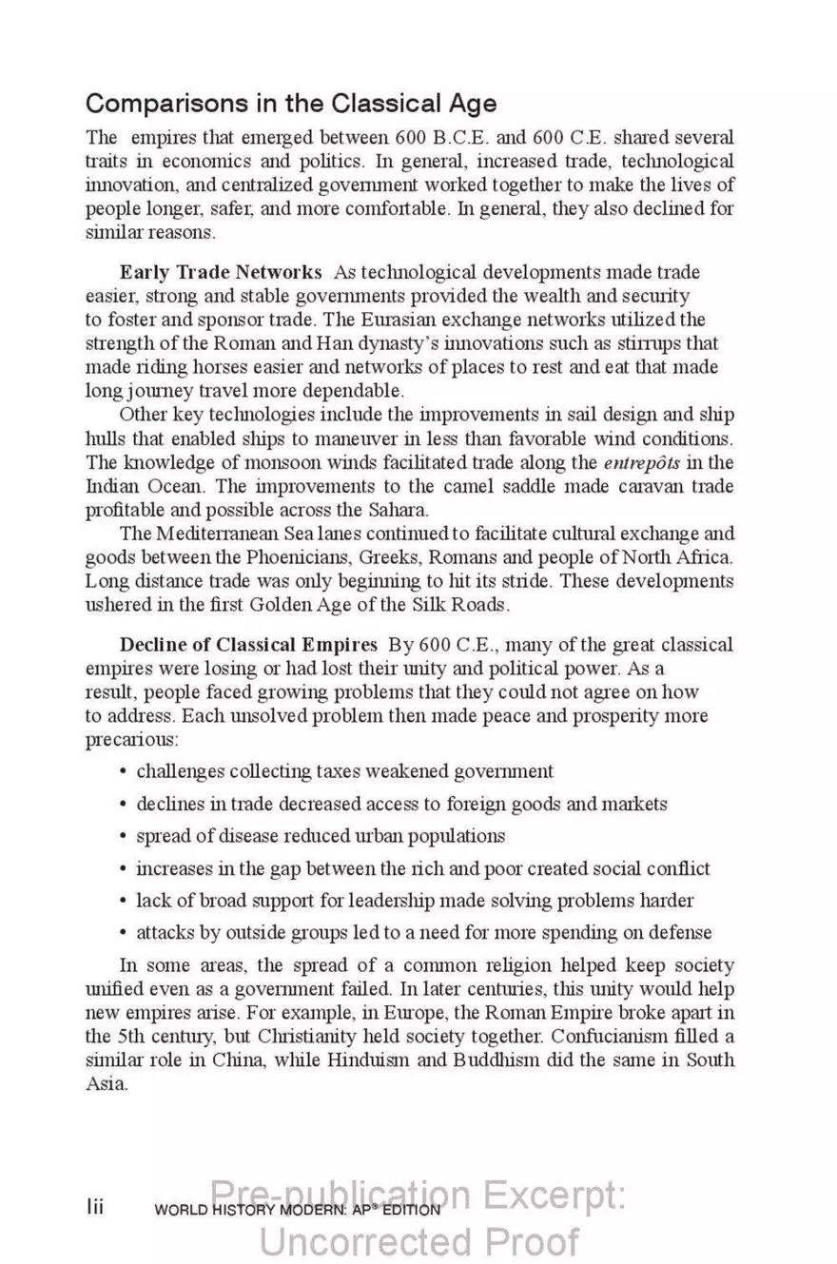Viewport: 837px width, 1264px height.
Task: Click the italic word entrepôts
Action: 655,463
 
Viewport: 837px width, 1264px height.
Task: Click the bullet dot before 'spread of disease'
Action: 124,837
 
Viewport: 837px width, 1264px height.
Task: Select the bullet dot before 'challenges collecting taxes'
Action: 124,772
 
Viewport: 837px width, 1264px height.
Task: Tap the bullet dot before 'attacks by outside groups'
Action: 124,933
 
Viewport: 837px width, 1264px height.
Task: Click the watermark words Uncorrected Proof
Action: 418,1242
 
